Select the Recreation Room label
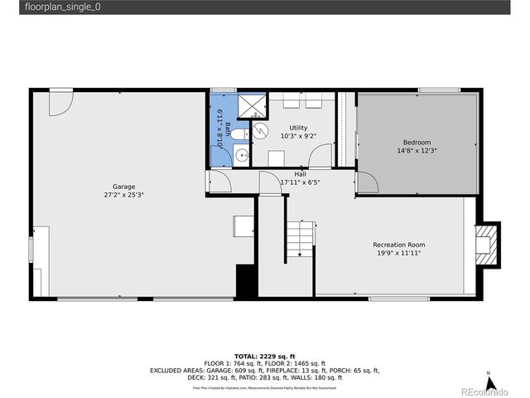tap(399, 245)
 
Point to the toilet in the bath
tap(238, 133)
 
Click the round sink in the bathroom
tap(239, 154)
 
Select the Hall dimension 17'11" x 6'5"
tap(300, 182)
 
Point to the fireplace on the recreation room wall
tap(489, 244)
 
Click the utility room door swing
tap(319, 156)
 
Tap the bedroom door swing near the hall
tap(367, 182)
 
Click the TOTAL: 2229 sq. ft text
tap(264, 355)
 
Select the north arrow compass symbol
tap(490, 382)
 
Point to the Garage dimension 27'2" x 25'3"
tap(124, 196)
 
